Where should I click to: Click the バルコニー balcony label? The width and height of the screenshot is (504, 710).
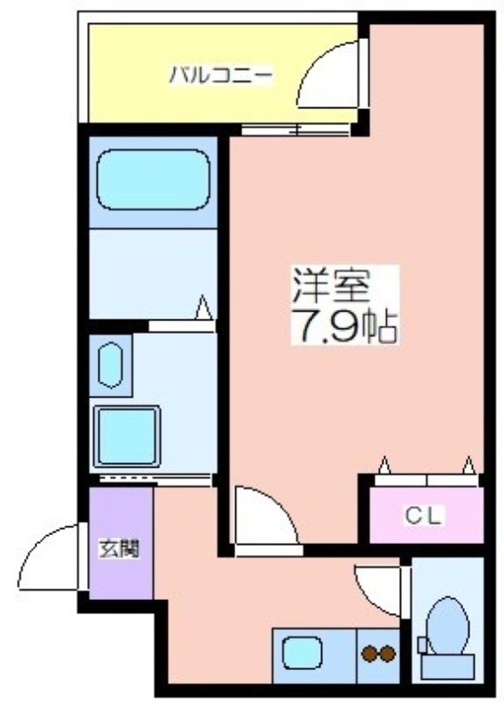coord(221,75)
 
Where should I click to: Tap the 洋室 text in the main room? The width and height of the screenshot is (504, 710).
coord(331,286)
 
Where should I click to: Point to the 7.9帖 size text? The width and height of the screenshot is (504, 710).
coord(345,326)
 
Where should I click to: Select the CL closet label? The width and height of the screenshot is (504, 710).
coord(422,516)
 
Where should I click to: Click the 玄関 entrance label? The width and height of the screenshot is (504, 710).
coord(119,548)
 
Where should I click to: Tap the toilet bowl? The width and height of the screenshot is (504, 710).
coord(447,626)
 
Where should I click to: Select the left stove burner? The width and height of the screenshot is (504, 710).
coord(369,653)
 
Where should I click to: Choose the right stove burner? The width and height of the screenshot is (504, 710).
coord(388,653)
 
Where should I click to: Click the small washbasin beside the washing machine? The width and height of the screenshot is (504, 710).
coord(110,366)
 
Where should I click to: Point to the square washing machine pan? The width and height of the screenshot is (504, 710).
coord(127,436)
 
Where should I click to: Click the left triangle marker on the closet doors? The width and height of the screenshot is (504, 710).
coord(385,465)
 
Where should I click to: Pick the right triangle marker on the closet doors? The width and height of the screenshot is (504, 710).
coord(469,465)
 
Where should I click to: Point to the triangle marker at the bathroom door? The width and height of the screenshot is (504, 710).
coord(204,307)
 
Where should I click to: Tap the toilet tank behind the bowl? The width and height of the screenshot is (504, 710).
coord(447,667)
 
